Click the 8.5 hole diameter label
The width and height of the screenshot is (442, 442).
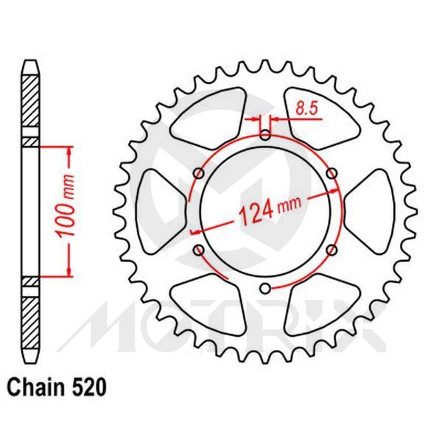pos(306,108)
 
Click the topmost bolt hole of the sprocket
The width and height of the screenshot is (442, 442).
pos(265,135)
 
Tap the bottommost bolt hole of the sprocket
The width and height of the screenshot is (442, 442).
pos(265,290)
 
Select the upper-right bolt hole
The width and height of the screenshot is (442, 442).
pos(331,173)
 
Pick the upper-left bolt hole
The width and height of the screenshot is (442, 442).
pos(198,173)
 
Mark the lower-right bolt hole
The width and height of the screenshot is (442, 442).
pos(331,251)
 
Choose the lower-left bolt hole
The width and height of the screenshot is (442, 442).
pos(198,251)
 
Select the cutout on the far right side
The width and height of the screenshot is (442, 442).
pos(365,212)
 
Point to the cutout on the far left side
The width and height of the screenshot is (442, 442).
pos(164,212)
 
